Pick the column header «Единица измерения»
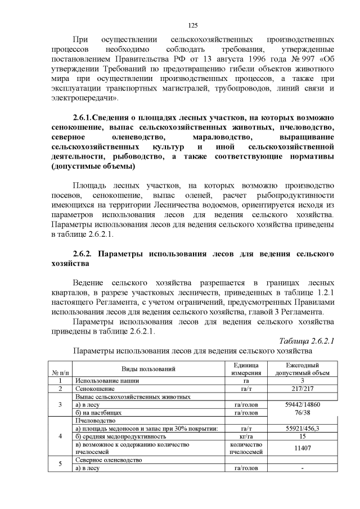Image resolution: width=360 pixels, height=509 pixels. click(x=246, y=368)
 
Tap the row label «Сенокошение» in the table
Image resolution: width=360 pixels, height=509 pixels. click(x=95, y=389)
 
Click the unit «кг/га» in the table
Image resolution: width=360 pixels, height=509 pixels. click(x=246, y=436)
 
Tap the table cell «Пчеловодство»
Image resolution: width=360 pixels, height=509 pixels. click(x=95, y=420)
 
